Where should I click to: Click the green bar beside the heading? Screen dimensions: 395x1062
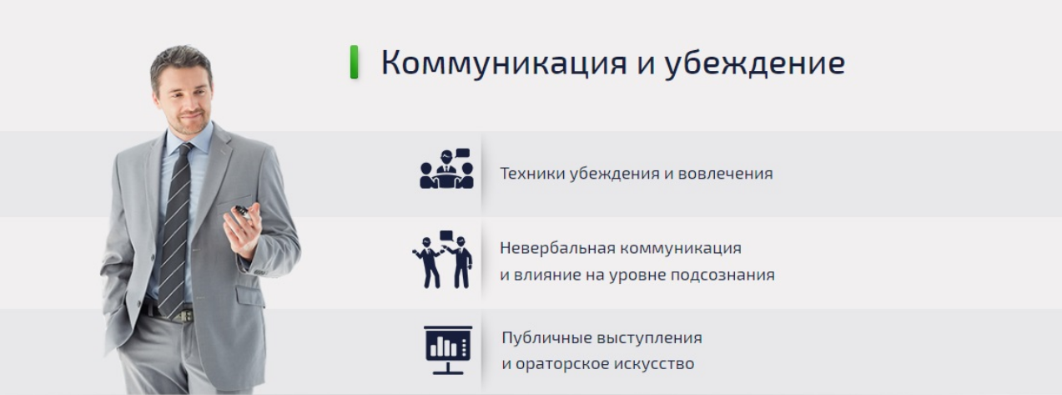[x=355, y=63]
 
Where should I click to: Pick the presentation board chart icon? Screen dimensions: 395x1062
[x=448, y=349]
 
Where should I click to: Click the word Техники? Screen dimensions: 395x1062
[x=531, y=174]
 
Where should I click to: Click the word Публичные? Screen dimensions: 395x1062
[x=546, y=338]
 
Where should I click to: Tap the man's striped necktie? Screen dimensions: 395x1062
[x=175, y=225]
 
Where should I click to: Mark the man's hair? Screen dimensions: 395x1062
[x=179, y=60]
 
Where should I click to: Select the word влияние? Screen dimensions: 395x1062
[x=549, y=275]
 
